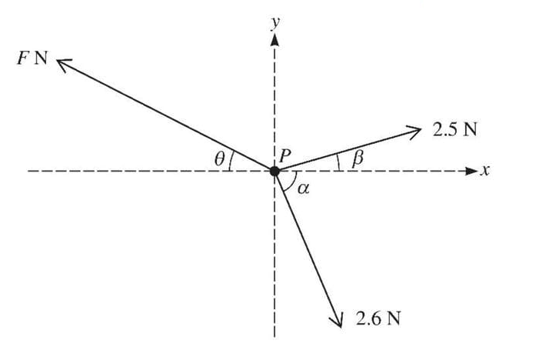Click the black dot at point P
pyautogui.click(x=274, y=171)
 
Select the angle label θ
pyautogui.click(x=220, y=159)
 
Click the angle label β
pyautogui.click(x=355, y=159)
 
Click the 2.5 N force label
pyautogui.click(x=454, y=128)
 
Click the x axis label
pyautogui.click(x=485, y=171)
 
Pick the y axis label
pyautogui.click(x=274, y=22)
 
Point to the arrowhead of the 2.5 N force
pyautogui.click(x=416, y=128)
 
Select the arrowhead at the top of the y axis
pyautogui.click(x=274, y=39)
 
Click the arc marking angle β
pyautogui.click(x=338, y=162)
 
